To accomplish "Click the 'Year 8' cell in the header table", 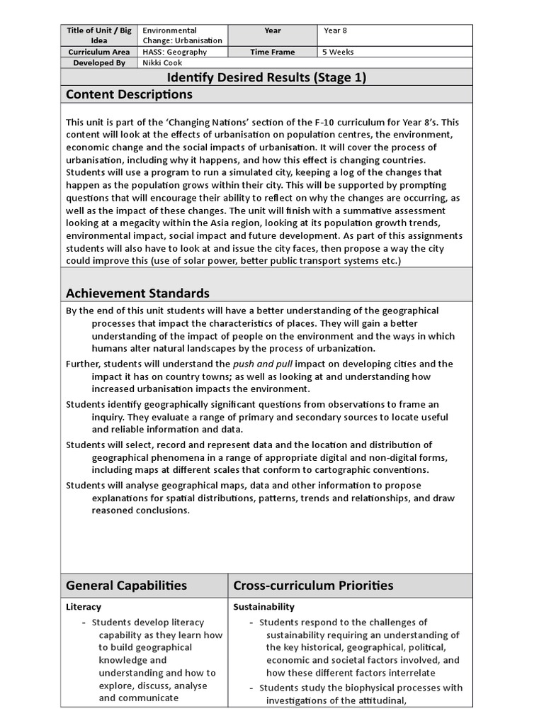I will (x=336, y=30).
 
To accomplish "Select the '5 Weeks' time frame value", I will (x=339, y=52).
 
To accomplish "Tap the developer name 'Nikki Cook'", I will (x=162, y=62).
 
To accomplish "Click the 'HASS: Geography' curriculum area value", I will (x=175, y=52).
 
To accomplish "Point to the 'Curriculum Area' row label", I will (x=98, y=52).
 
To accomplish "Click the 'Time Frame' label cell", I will (x=272, y=52).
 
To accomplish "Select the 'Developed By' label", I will (x=98, y=62).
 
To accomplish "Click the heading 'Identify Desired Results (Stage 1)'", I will (x=266, y=77).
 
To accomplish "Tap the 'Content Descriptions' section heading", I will (x=129, y=94).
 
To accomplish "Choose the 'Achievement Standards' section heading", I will (x=137, y=293).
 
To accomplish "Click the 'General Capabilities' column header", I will (x=127, y=585).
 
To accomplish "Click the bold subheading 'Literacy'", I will (x=84, y=607).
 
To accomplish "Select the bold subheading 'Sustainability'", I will (x=264, y=607).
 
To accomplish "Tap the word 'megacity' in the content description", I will (x=144, y=223).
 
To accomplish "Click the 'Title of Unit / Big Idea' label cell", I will (x=98, y=35).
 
